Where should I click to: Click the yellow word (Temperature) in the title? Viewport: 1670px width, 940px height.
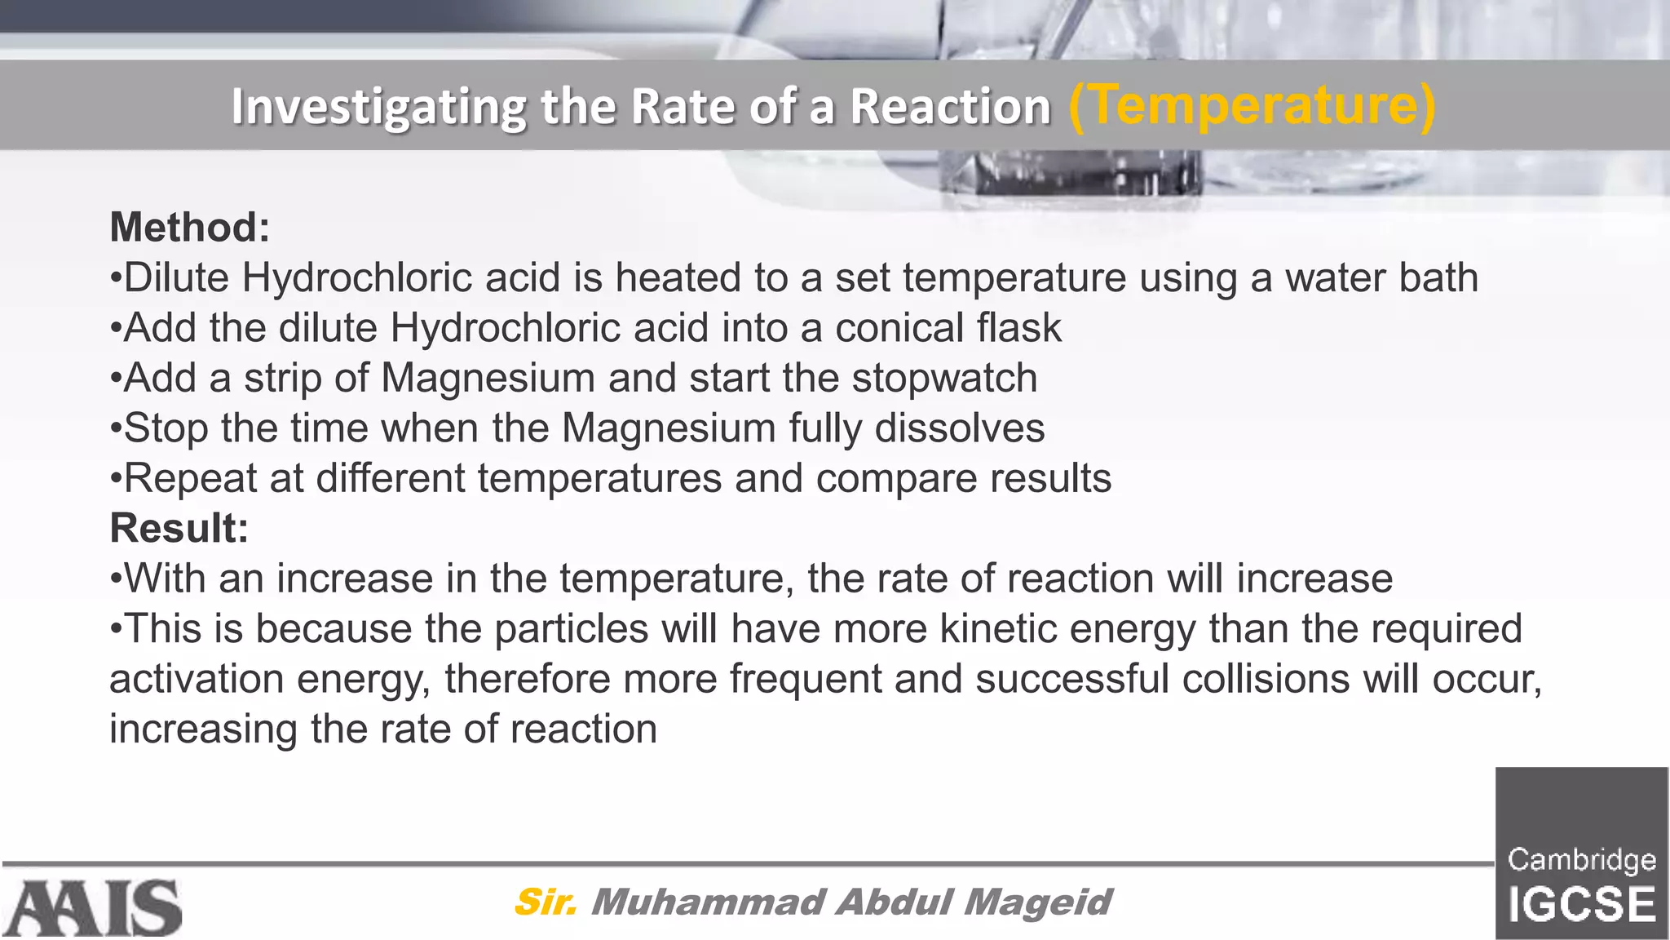(x=1251, y=106)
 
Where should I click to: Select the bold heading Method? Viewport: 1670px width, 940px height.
(x=189, y=227)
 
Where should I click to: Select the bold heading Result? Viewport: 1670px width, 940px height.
(x=179, y=528)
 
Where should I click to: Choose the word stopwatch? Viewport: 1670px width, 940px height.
(x=944, y=378)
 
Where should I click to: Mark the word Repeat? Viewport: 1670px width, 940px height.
(x=190, y=479)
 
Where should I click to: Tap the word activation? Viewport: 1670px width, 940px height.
(x=197, y=679)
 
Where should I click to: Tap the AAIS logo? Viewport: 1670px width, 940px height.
(x=92, y=907)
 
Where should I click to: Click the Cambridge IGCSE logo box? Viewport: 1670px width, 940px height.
(x=1581, y=854)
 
